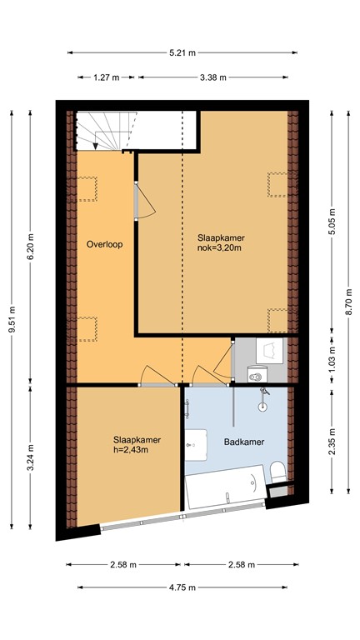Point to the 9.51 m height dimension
[12, 321]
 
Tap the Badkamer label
[244, 442]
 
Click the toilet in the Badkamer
[277, 472]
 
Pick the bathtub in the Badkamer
[226, 492]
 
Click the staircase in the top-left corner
[104, 130]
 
